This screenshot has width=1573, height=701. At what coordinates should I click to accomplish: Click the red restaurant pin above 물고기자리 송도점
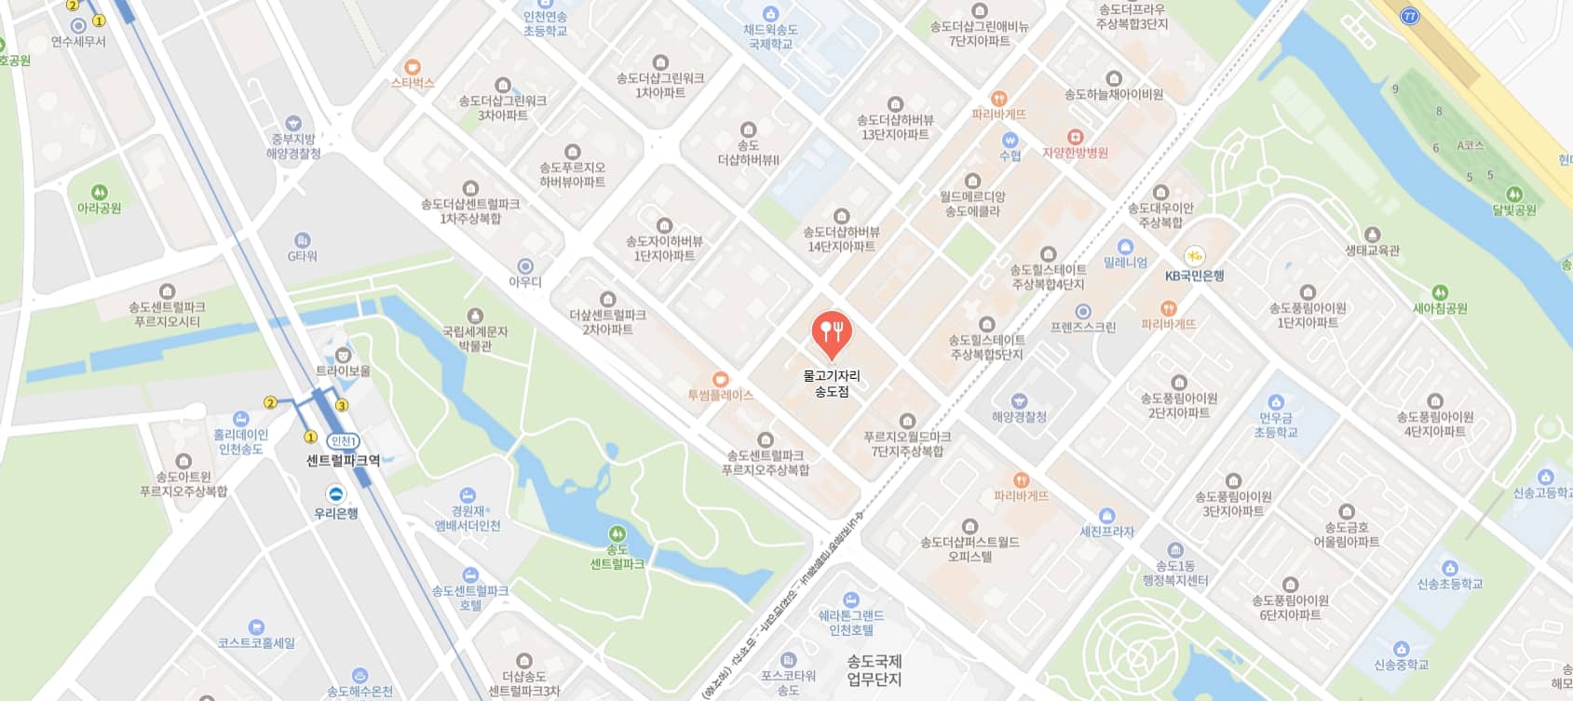click(832, 332)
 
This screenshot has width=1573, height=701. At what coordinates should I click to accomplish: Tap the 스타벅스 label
click(413, 83)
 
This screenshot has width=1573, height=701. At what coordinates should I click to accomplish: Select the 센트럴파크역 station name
click(344, 460)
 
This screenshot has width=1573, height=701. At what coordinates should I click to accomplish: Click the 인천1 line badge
click(344, 441)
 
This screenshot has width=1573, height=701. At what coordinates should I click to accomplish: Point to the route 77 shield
click(1410, 16)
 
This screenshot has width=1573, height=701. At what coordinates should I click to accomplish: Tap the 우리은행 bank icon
click(336, 494)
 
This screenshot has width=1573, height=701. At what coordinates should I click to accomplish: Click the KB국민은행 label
click(1195, 276)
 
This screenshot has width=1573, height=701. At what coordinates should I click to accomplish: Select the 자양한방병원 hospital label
click(1076, 153)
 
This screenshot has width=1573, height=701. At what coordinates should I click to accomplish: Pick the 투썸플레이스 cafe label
click(720, 395)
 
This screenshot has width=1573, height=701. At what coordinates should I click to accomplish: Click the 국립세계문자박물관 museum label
click(475, 339)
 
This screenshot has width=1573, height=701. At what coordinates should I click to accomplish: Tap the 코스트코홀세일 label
click(256, 642)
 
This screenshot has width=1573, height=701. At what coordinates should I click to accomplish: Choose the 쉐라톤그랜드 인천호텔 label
click(851, 623)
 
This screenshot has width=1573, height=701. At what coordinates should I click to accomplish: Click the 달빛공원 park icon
click(1514, 195)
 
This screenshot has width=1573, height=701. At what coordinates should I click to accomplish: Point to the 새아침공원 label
click(1440, 308)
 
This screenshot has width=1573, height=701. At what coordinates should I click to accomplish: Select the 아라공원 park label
click(100, 209)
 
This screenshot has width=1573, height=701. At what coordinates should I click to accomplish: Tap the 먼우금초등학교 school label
click(1276, 425)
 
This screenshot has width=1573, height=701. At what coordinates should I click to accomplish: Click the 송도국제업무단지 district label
click(874, 670)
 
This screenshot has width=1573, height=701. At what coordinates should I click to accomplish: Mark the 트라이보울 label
click(343, 371)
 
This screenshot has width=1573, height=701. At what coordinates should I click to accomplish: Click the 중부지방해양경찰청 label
click(293, 146)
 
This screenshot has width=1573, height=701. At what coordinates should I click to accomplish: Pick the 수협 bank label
click(1010, 155)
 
